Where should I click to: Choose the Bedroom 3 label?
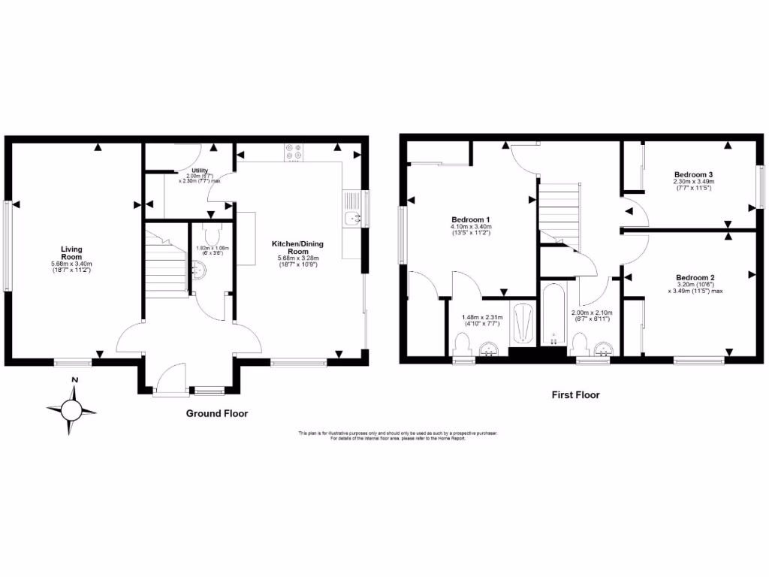pos(693,174)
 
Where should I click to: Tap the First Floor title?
pos(575,394)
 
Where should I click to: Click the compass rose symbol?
pos(72,409)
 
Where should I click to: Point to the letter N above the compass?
pos(74,380)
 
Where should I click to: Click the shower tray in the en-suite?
pos(520,325)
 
